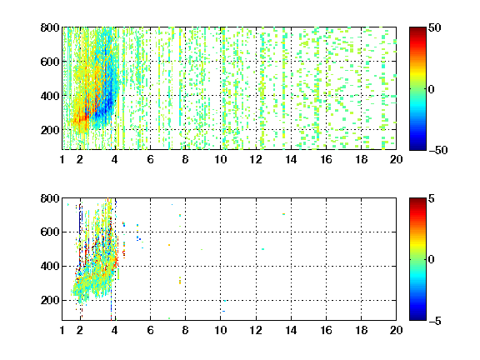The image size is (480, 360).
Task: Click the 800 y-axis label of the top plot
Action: pyautogui.click(x=50, y=27)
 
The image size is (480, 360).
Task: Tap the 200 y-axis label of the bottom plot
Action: pyautogui.click(x=50, y=300)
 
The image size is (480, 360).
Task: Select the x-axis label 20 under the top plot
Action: pyautogui.click(x=396, y=159)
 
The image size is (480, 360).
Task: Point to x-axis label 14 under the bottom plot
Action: pyautogui.click(x=291, y=330)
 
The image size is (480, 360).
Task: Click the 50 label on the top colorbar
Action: pyautogui.click(x=435, y=27)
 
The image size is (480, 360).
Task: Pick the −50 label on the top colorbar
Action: pyautogui.click(x=438, y=150)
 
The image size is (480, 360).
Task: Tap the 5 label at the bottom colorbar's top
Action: pyautogui.click(x=432, y=198)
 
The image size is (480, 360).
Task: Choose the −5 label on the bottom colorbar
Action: pyautogui.click(x=435, y=321)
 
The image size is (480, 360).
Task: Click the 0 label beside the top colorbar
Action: pyautogui.click(x=432, y=89)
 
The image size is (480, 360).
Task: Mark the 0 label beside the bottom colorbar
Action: pyautogui.click(x=432, y=260)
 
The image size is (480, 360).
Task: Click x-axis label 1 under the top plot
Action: pyautogui.click(x=62, y=159)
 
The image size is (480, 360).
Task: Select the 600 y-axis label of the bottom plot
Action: pyautogui.click(x=50, y=232)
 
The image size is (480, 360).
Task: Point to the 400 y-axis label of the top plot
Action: pyautogui.click(x=50, y=96)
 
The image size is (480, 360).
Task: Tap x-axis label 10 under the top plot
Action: pyautogui.click(x=220, y=159)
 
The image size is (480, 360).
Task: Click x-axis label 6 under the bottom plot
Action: pyautogui.click(x=150, y=330)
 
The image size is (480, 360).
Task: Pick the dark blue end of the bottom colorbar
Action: pyautogui.click(x=417, y=318)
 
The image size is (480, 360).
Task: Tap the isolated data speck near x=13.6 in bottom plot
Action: pyautogui.click(x=284, y=214)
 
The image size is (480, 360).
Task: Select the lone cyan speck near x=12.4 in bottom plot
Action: pyautogui.click(x=263, y=249)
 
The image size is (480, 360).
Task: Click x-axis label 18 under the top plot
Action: pyautogui.click(x=361, y=159)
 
